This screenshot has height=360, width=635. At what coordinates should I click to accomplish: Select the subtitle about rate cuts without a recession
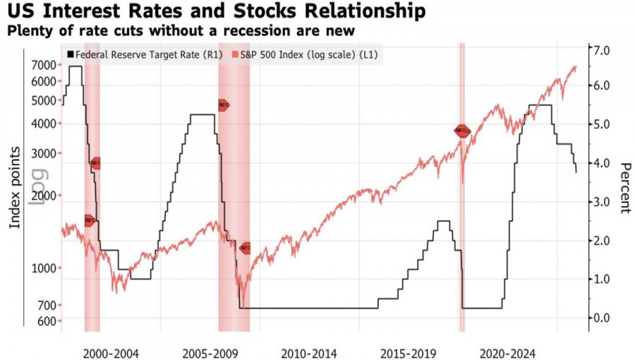point(177,32)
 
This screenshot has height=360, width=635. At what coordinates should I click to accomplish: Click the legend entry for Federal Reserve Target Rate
point(145,54)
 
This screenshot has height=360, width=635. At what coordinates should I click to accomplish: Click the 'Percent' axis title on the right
point(625,188)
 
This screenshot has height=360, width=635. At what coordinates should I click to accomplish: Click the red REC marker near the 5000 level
point(223,105)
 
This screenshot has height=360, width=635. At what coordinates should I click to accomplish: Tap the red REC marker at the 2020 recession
point(462,131)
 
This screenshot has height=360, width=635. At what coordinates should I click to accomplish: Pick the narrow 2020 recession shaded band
point(462,212)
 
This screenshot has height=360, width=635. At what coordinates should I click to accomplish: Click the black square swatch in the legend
point(70,54)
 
